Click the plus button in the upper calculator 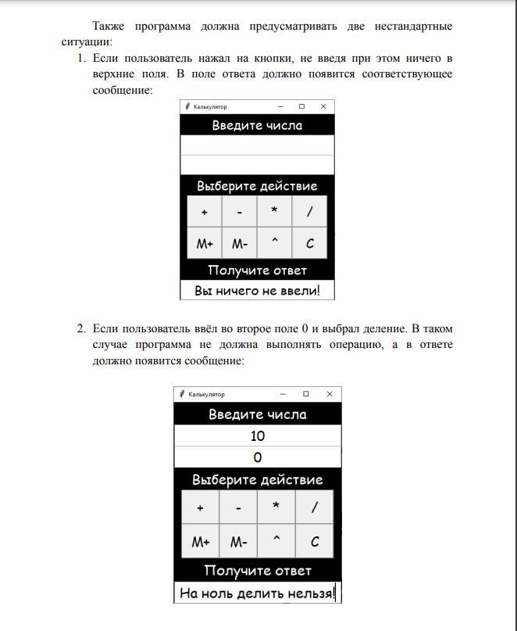click(x=205, y=212)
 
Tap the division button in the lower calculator click(x=315, y=507)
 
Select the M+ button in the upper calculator click(x=205, y=244)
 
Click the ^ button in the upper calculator click(x=274, y=243)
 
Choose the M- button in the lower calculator click(x=238, y=542)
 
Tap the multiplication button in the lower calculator click(x=276, y=507)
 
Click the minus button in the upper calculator click(x=239, y=212)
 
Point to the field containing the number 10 click(x=257, y=436)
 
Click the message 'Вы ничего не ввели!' click(x=257, y=291)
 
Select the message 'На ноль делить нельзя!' click(x=257, y=593)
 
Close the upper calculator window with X click(x=323, y=106)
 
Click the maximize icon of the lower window click(x=306, y=394)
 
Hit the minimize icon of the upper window click(x=280, y=106)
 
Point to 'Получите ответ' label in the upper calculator click(x=257, y=271)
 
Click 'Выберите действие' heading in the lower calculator click(x=257, y=479)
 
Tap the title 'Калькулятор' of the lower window click(x=206, y=394)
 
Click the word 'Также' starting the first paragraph click(x=109, y=27)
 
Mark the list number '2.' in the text click(x=81, y=328)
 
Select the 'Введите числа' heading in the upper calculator click(x=257, y=125)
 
